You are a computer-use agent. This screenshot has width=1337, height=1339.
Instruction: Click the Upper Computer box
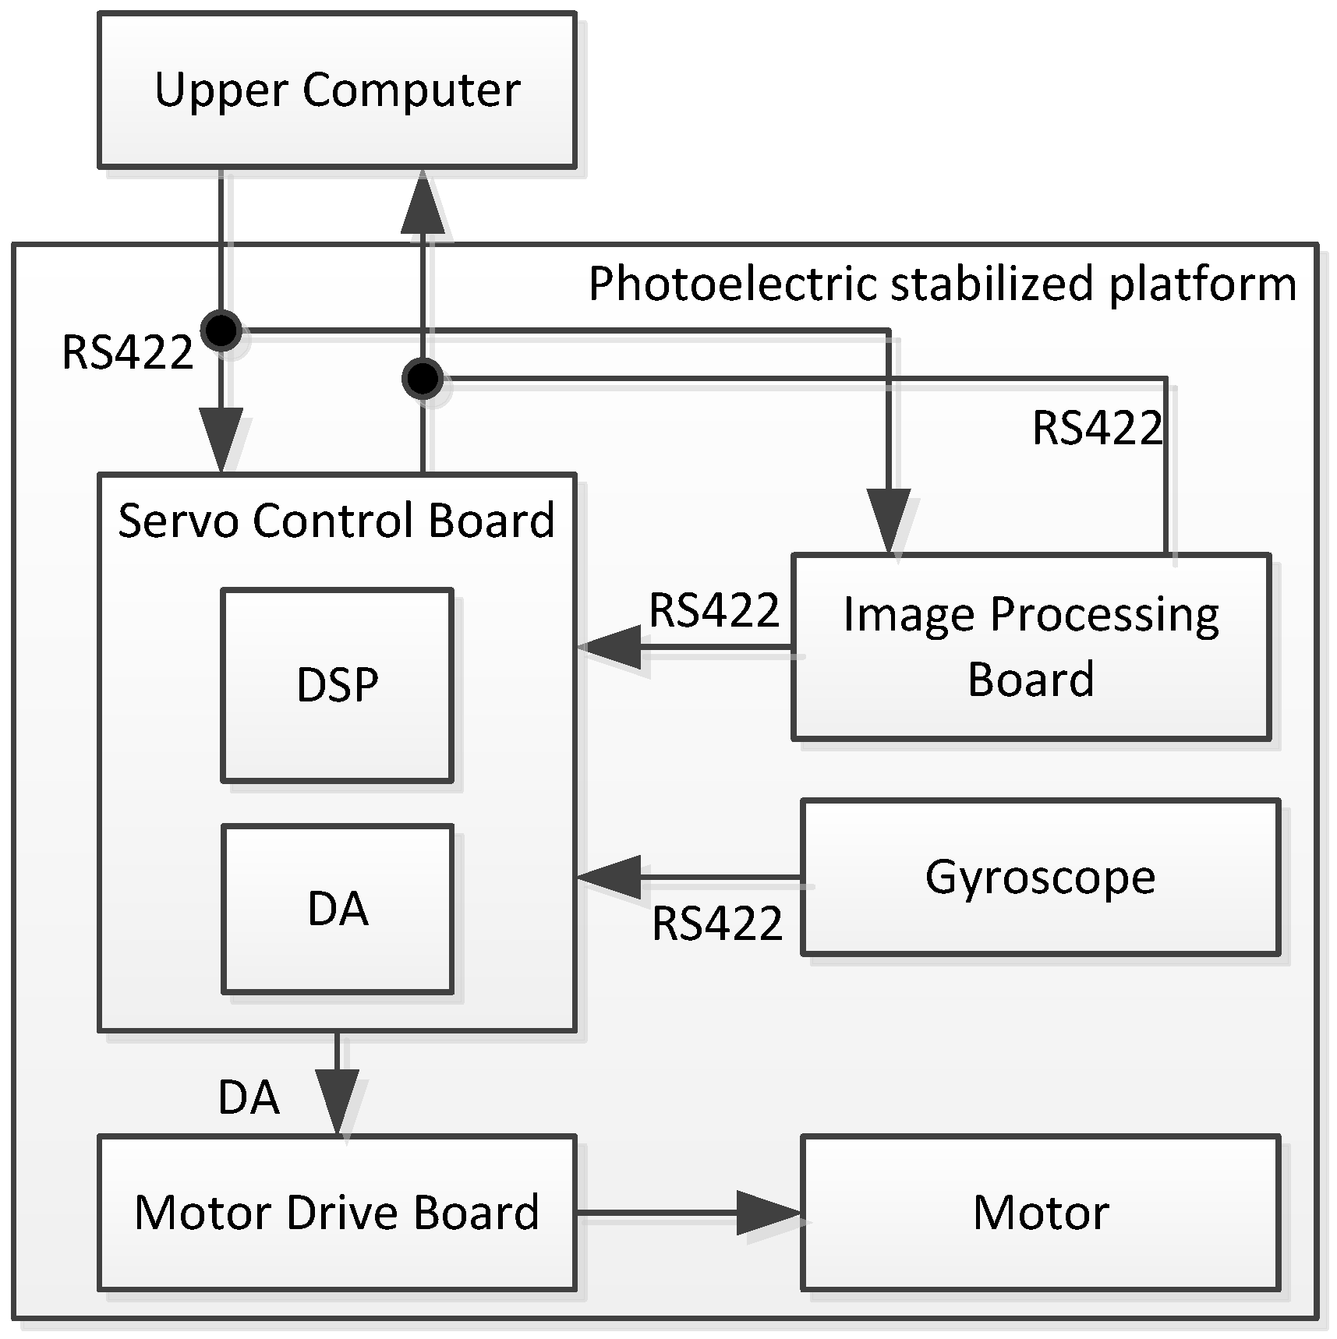[x=337, y=90]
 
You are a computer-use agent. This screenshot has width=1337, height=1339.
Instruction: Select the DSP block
[x=337, y=685]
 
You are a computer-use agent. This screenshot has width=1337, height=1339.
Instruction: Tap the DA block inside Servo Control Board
[x=337, y=909]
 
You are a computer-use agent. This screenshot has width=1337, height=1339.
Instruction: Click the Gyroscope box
[x=1040, y=877]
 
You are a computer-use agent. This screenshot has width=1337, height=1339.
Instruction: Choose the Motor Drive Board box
[x=337, y=1213]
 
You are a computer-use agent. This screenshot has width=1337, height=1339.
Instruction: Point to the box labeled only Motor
[x=1040, y=1213]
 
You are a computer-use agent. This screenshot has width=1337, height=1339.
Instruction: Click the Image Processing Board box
[x=1031, y=647]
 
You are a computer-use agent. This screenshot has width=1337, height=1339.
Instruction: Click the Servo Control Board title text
[x=336, y=520]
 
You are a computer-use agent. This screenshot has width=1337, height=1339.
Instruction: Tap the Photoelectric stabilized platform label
[x=942, y=283]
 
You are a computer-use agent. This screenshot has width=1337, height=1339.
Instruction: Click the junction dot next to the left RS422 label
[x=221, y=330]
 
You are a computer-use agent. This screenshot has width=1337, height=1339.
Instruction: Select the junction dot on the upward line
[x=423, y=380]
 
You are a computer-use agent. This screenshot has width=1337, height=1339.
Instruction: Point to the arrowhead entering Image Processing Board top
[x=889, y=521]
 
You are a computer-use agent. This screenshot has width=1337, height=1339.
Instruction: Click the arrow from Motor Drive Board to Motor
[x=768, y=1213]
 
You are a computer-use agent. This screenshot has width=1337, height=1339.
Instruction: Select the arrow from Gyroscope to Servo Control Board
[x=612, y=878]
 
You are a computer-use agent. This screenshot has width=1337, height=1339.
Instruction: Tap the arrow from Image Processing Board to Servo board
[x=612, y=647]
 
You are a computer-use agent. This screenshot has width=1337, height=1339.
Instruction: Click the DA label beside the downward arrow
[x=249, y=1097]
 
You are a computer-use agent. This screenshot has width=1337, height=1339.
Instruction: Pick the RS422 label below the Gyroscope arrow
[x=717, y=924]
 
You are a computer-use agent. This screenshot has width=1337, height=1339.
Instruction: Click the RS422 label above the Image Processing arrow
[x=714, y=610]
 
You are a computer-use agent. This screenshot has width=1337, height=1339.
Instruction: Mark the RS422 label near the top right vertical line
[x=1097, y=429]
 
